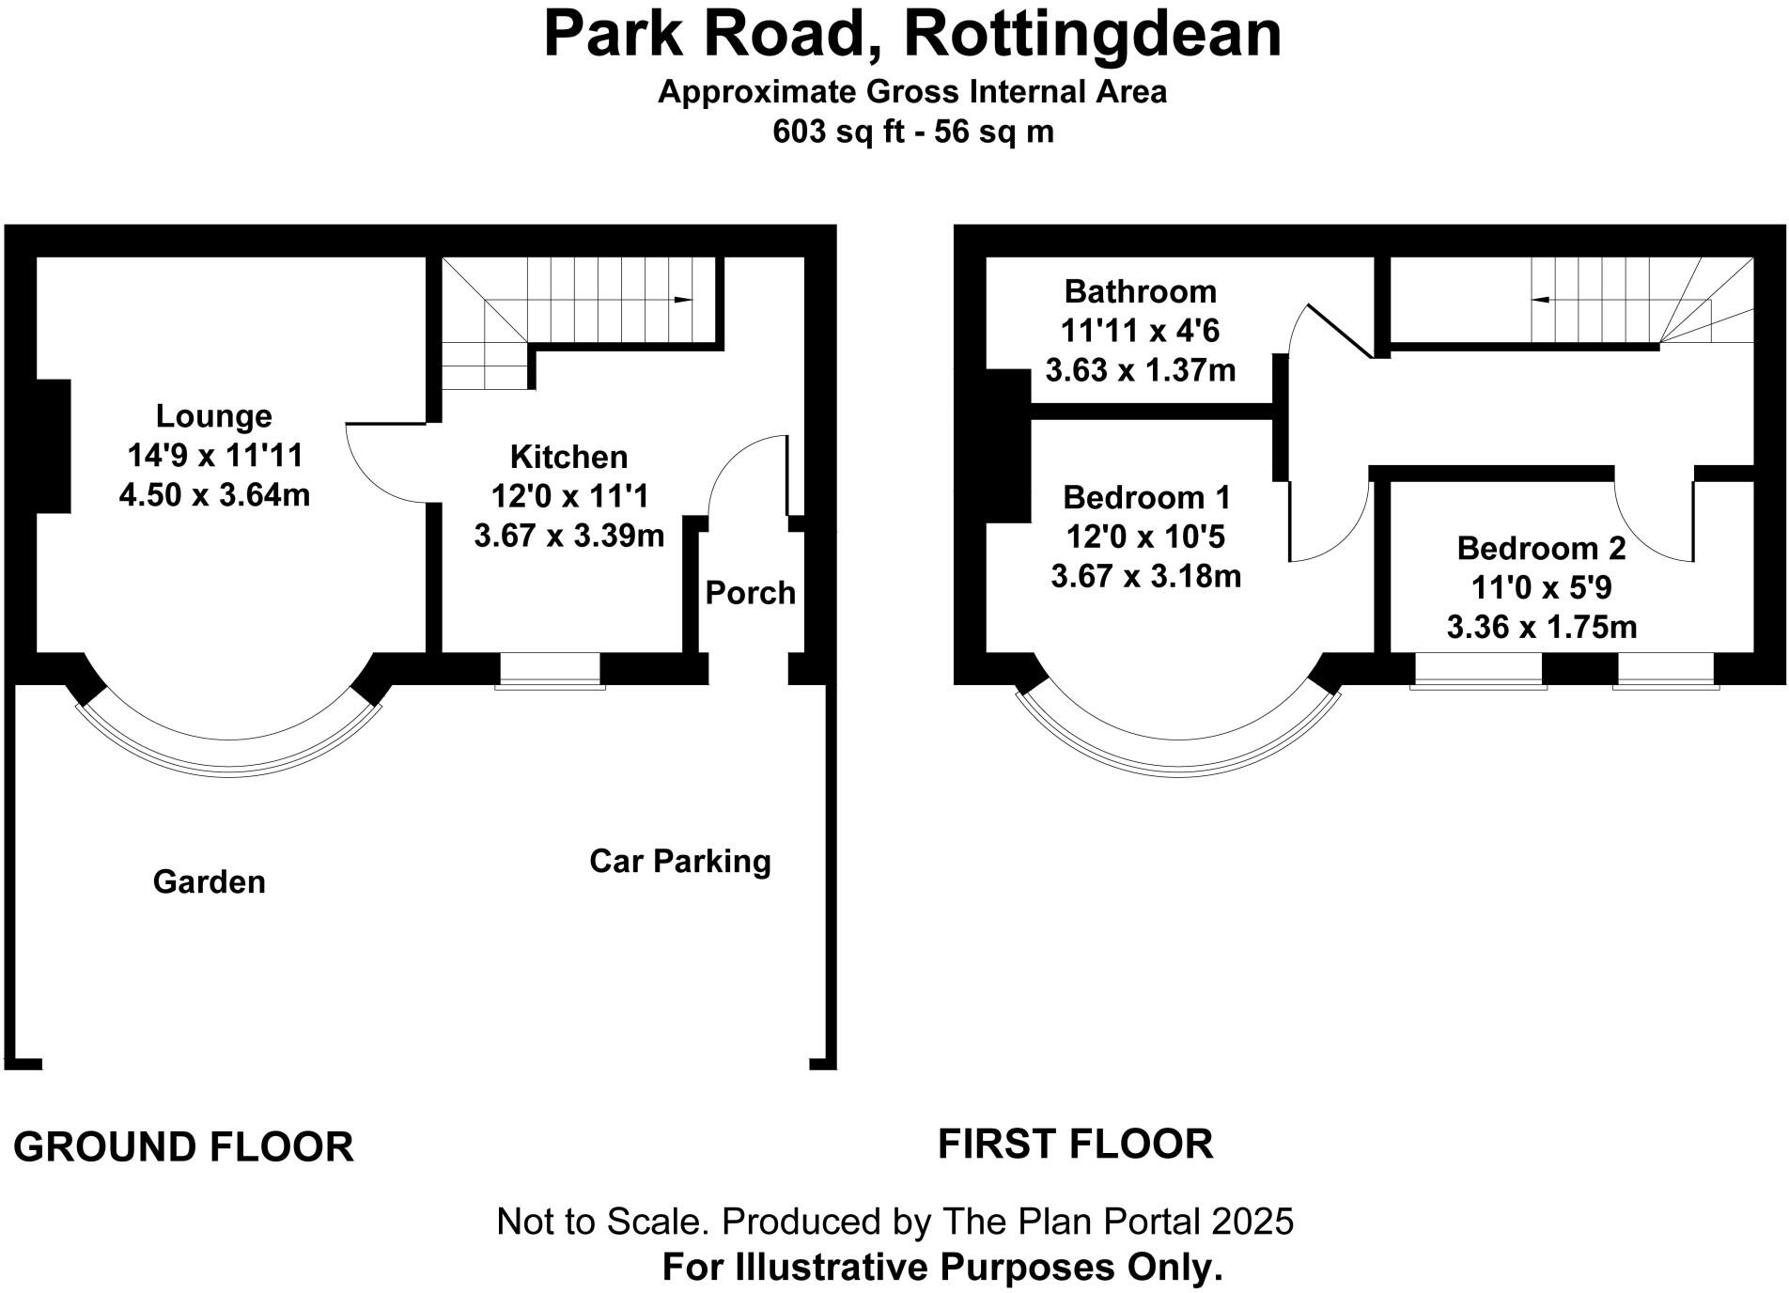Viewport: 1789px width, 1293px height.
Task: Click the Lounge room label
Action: (x=213, y=415)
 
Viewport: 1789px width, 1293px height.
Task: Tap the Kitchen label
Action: (x=568, y=457)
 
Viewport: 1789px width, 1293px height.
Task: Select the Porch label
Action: (x=750, y=593)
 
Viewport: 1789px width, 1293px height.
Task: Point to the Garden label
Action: (x=209, y=881)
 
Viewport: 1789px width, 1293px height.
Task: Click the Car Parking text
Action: (x=679, y=861)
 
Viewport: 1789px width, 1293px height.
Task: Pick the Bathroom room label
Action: (x=1140, y=291)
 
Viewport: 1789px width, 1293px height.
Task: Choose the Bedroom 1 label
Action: (x=1145, y=497)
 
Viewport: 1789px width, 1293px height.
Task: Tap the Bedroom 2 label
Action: (x=1541, y=548)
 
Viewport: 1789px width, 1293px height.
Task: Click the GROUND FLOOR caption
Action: (x=183, y=1147)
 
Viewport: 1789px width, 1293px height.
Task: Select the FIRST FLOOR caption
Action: (x=1075, y=1144)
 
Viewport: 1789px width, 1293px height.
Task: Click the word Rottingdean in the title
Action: (x=1092, y=36)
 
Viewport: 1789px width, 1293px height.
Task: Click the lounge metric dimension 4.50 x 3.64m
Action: (x=214, y=494)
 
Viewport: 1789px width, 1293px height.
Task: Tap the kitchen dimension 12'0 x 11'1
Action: (x=568, y=496)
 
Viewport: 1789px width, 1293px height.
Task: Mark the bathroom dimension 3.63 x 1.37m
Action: (x=1140, y=370)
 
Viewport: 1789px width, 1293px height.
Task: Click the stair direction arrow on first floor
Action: (x=1541, y=300)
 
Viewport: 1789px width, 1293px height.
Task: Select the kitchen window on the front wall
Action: (x=550, y=669)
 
